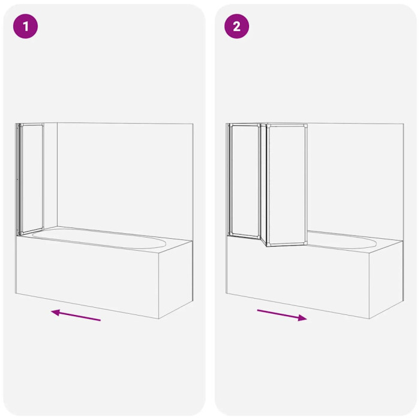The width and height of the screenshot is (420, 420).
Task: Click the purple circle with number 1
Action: coord(25,26)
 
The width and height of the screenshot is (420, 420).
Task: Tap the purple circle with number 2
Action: coord(236,26)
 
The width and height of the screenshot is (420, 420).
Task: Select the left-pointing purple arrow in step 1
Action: coord(76,315)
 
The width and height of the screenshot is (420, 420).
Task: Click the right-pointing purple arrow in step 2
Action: coord(282,315)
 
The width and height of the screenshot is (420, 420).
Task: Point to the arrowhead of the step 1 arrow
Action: coord(55,312)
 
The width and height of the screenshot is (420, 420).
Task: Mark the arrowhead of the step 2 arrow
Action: coord(303,317)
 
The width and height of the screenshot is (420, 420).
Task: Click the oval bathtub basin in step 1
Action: coord(99,238)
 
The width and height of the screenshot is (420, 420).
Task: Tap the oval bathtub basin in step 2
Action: coord(342,241)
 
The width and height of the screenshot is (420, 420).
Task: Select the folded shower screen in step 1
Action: coord(30,179)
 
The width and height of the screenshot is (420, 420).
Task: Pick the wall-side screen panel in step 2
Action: coord(244,180)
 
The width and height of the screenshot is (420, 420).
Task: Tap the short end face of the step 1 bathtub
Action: coord(176,280)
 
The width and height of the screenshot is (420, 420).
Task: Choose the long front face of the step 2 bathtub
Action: coord(298,278)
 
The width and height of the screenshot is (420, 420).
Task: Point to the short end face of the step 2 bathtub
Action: coord(386,280)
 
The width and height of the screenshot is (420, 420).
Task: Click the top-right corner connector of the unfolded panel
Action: coord(305,125)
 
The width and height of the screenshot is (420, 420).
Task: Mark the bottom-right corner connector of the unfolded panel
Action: coord(305,243)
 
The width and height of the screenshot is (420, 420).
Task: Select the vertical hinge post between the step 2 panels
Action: coord(263,184)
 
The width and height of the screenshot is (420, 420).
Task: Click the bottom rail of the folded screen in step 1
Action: coord(31,232)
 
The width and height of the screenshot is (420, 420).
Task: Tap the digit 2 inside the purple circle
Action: coord(237,26)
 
